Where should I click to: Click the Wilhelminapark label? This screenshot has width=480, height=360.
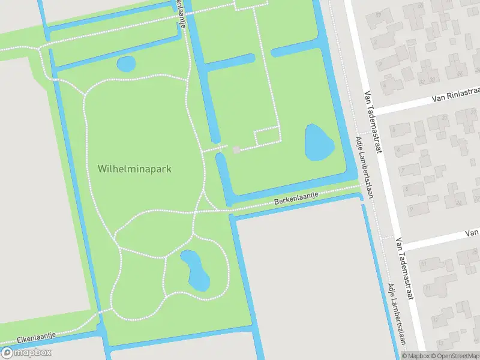coord(134,169)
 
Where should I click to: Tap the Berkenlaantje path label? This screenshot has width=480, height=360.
coord(295,199)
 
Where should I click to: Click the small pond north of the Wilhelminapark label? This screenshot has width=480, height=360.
coord(126,64)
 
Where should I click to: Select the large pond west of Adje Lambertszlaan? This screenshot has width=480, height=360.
coord(319,143)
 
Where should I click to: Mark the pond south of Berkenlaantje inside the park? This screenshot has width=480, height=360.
coord(194,268)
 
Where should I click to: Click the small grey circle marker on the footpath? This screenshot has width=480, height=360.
coord(236,149)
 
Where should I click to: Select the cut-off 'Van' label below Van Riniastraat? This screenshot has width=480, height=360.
coord(472,233)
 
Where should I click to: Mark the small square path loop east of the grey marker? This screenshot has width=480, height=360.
coord(268,137)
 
